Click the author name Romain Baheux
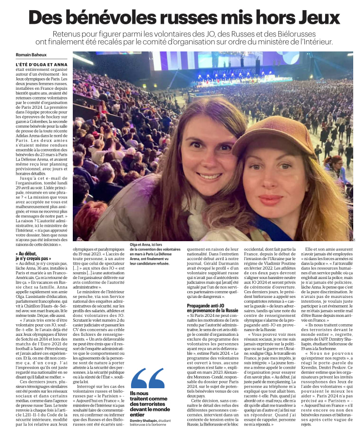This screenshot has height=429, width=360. click(x=32, y=54)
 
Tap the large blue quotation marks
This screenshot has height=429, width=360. click(x=147, y=378)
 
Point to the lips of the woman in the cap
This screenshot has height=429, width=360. click(x=270, y=200)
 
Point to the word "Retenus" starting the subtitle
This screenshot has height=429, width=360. click(x=66, y=33)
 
